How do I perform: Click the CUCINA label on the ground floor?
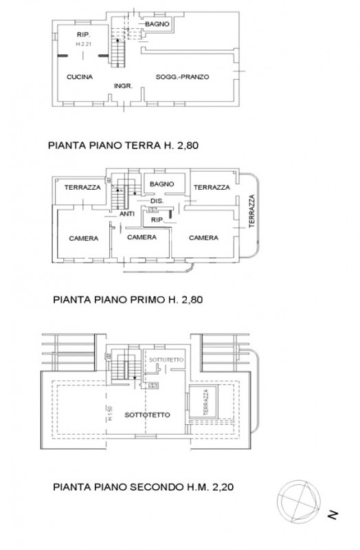coord(79,77)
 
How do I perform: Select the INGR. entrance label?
coord(122,85)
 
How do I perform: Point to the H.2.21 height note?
coord(83,44)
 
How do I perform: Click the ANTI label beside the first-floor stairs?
coord(127,214)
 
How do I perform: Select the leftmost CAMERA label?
coord(83,238)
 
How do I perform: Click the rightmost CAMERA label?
coord(203,237)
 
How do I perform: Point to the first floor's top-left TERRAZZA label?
coord(82,187)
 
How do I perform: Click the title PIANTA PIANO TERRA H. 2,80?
coord(127,146)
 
